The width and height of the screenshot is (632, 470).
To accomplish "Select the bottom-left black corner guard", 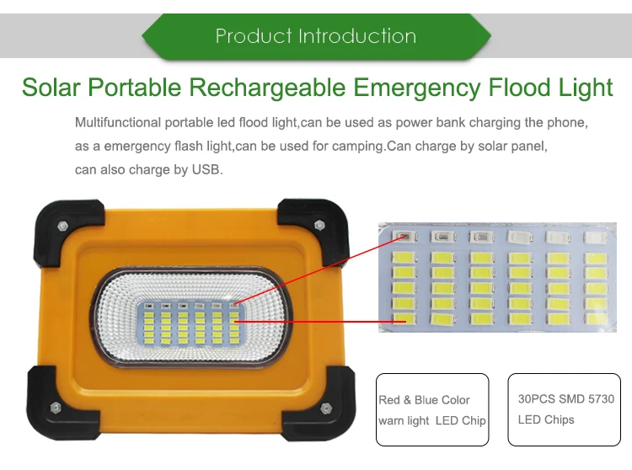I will point(56,407).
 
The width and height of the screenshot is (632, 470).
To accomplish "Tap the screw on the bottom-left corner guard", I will point(53,409).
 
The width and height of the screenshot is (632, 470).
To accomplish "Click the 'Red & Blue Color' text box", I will point(432,409).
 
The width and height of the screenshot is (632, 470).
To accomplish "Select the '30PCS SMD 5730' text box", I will point(566,409).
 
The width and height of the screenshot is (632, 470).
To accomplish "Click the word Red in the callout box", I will point(389,400).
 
